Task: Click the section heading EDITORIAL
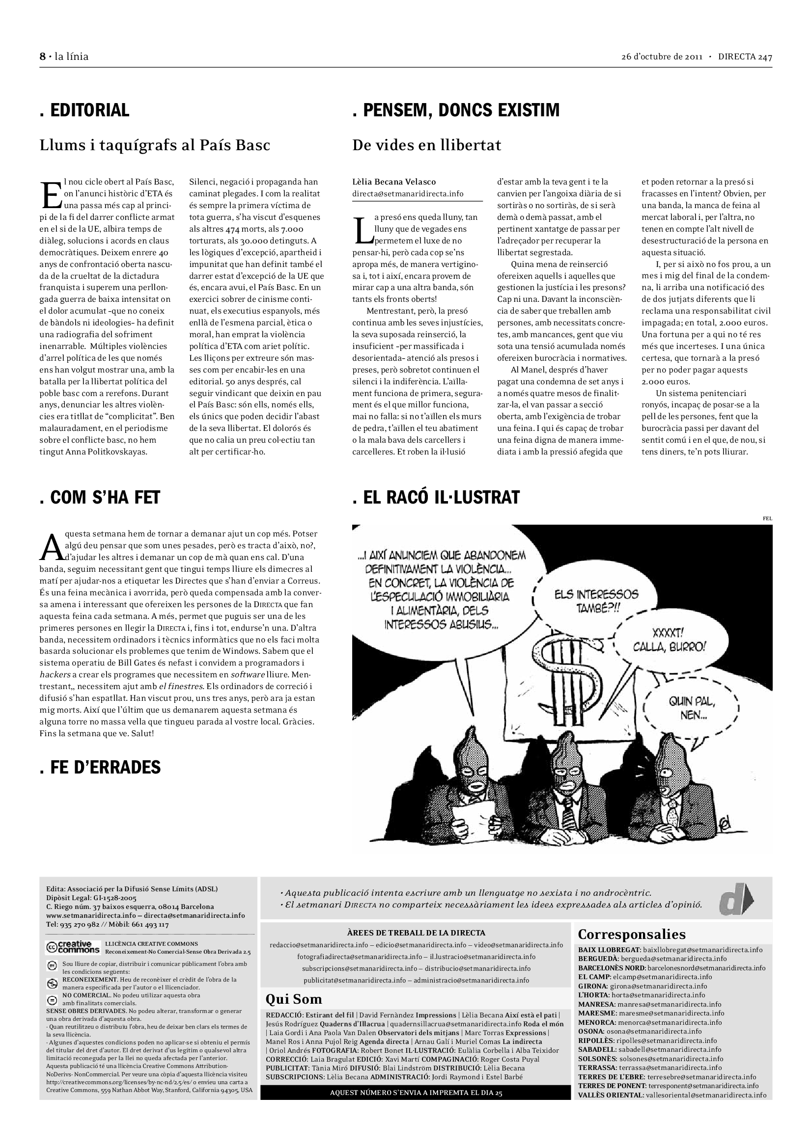pos(84,110)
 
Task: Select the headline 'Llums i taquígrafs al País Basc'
pos(155,145)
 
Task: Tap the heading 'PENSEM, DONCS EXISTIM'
pos(456,110)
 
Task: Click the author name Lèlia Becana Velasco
pos(394,182)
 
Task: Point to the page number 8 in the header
pos(43,56)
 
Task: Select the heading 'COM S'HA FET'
pos(100,498)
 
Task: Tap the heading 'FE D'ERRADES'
pos(100,767)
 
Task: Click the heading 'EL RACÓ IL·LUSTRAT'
pos(436,498)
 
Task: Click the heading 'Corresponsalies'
pos(631,934)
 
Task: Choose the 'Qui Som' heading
pos(294,999)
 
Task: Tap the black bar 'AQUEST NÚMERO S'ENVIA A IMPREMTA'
pos(415,1093)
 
